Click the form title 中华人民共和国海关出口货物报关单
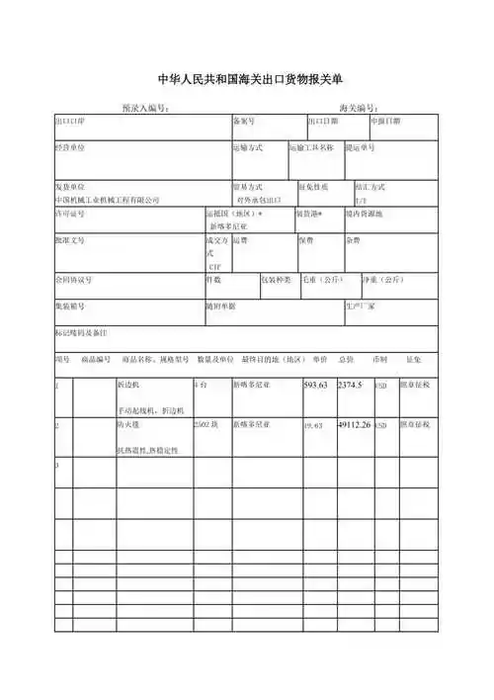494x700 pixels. pyautogui.click(x=247, y=79)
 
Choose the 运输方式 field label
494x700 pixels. pyautogui.click(x=247, y=147)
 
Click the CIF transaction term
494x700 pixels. pyautogui.click(x=214, y=266)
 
